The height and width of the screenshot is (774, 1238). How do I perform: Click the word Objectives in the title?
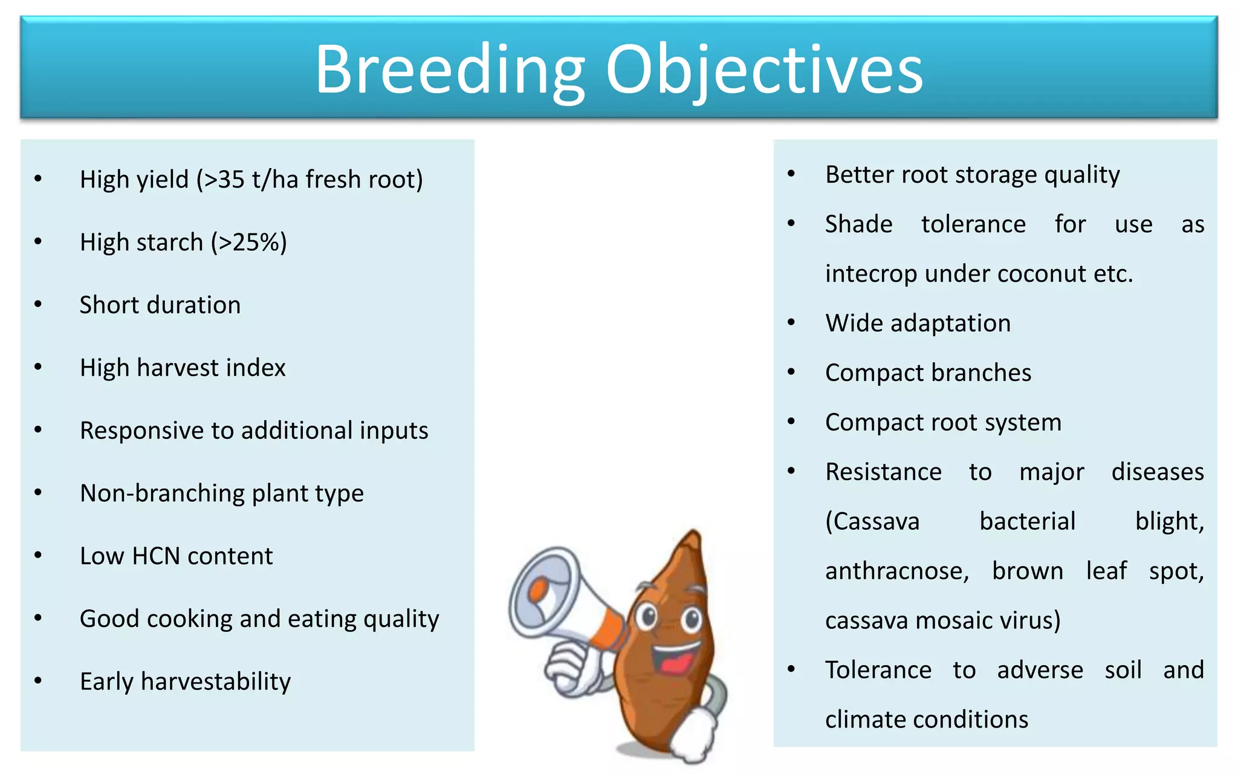[x=764, y=70]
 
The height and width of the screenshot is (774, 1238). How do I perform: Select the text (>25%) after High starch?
[x=248, y=242]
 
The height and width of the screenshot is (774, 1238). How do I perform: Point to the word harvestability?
[x=215, y=682]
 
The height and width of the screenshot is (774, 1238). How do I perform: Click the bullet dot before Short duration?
[x=38, y=304]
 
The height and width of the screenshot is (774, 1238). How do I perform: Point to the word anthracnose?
[x=896, y=571]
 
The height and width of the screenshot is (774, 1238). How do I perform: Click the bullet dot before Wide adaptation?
[x=791, y=322]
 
